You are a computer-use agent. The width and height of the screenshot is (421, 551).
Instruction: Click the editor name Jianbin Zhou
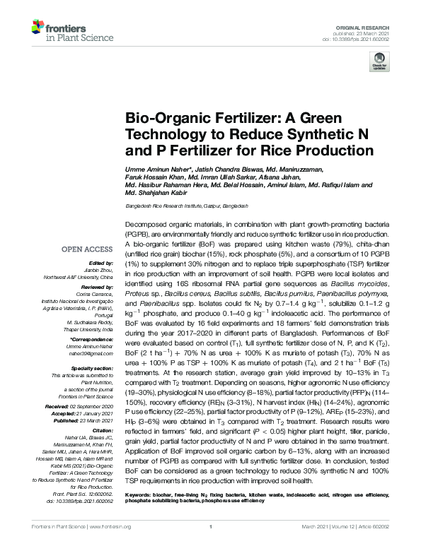point(98,271)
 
